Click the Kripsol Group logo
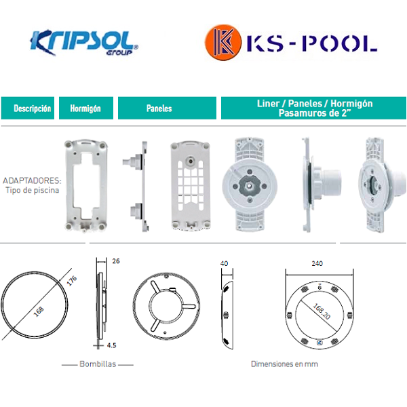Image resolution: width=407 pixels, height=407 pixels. [84, 43]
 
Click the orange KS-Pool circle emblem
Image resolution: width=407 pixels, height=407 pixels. [223, 42]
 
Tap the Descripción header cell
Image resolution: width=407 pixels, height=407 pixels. [28, 109]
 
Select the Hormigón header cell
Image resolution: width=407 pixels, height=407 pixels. [86, 109]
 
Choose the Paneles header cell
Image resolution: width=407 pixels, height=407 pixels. [167, 109]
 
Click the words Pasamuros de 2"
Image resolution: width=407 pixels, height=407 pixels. [313, 113]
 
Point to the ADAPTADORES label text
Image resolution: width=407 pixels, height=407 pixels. [32, 180]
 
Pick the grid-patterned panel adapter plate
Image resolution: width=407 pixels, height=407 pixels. [191, 185]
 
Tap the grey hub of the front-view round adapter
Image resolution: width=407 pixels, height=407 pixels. [250, 185]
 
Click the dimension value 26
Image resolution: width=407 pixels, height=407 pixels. [116, 261]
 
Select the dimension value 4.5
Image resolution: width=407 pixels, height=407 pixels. [111, 345]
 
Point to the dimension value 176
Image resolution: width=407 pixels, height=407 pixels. [72, 281]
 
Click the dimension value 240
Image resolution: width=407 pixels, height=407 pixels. [317, 264]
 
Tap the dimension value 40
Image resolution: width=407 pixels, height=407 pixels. [224, 264]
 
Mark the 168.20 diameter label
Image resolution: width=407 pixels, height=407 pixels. [322, 311]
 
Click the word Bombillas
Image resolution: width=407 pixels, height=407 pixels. [98, 364]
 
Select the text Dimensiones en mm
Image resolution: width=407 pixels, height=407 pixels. [284, 364]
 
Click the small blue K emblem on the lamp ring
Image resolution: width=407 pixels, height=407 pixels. [319, 343]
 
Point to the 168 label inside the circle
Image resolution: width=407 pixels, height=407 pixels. [39, 312]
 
